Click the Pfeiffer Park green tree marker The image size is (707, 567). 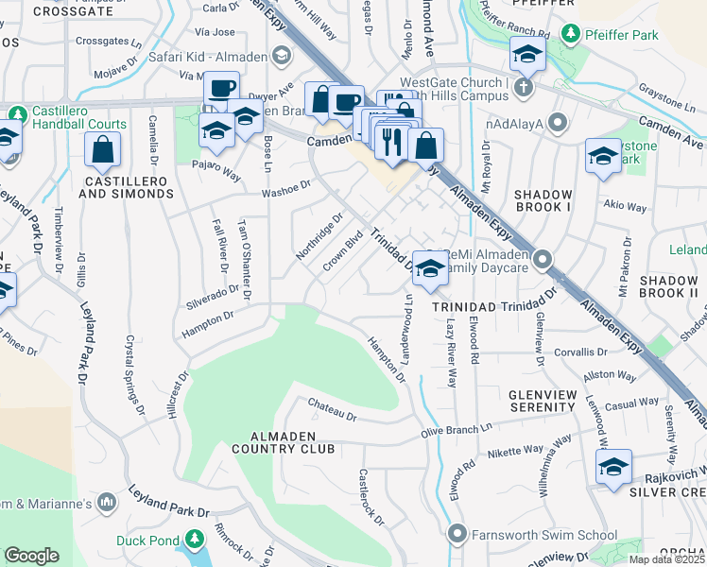point(570,35)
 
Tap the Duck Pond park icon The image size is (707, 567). point(194,540)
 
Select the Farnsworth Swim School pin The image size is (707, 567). point(458,535)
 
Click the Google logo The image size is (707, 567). point(32,555)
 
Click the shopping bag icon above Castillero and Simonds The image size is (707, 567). point(102,149)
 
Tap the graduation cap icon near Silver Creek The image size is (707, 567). point(613,467)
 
